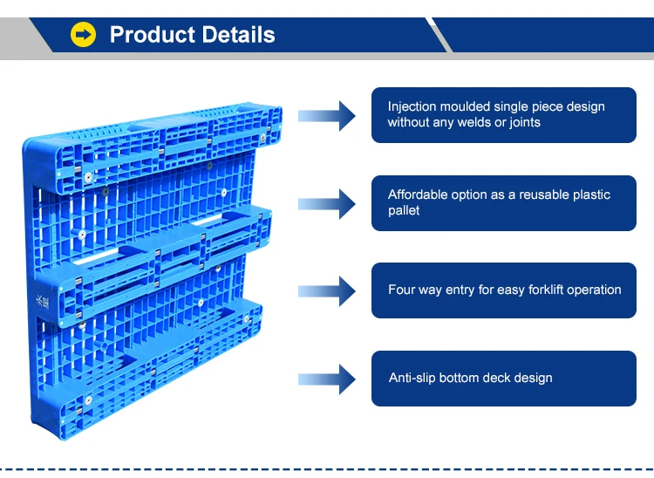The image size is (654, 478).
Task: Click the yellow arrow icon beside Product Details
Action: tap(84, 35)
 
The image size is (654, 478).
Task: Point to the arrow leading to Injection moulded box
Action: tap(326, 115)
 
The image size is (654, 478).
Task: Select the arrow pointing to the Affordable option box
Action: tap(326, 203)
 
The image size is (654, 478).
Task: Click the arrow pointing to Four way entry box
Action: tap(326, 290)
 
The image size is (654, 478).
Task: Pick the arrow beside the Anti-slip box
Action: tap(326, 379)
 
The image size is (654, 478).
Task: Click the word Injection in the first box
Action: tap(413, 106)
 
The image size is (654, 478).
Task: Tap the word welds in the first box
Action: tap(474, 122)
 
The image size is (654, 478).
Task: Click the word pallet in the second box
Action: tap(404, 210)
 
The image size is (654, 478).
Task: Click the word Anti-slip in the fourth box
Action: tap(412, 378)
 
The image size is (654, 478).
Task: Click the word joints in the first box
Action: tap(523, 122)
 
